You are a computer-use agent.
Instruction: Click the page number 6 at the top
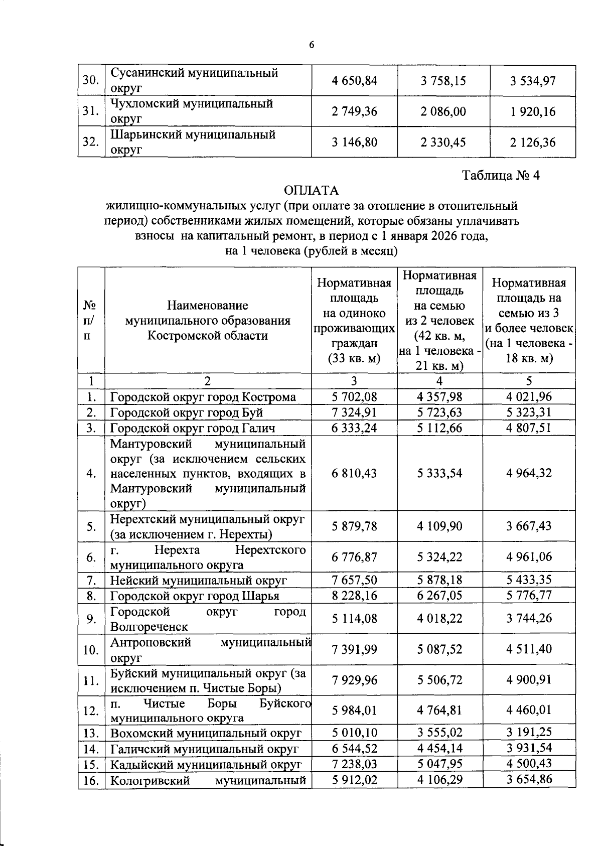tap(311, 45)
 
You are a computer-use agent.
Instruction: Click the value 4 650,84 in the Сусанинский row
tap(354, 81)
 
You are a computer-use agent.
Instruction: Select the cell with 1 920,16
tap(533, 111)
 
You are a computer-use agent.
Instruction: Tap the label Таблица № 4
tap(501, 176)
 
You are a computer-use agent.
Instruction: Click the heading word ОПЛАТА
tap(311, 191)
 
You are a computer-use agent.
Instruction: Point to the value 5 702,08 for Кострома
tap(354, 397)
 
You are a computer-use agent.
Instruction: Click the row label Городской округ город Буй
tap(187, 412)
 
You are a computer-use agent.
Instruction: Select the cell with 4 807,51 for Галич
tap(529, 428)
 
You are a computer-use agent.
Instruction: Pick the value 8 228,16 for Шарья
tap(354, 596)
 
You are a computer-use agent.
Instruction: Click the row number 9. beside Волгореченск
tap(91, 619)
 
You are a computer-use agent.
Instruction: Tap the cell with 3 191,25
tap(529, 732)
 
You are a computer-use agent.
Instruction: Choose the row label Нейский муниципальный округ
tap(199, 581)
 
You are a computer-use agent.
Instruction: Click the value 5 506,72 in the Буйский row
tap(439, 680)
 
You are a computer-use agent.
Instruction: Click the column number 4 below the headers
tap(439, 381)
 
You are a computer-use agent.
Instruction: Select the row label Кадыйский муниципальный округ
tap(206, 764)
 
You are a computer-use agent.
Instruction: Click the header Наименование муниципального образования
tap(208, 320)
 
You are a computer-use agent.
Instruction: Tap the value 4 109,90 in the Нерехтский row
tap(439, 526)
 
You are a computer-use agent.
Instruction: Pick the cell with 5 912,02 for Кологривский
tap(354, 780)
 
